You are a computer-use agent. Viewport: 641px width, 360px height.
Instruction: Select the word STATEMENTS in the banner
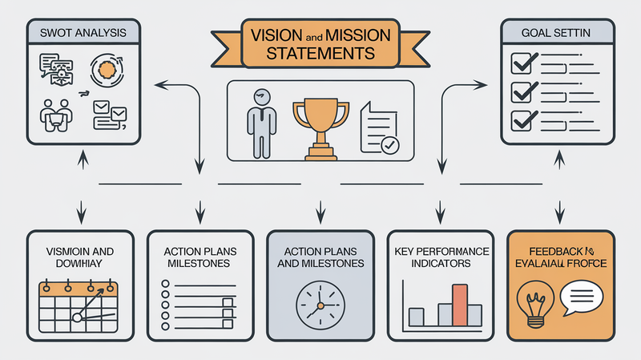coord(320,55)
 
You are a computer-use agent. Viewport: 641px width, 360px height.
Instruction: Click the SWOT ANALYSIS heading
coord(74,34)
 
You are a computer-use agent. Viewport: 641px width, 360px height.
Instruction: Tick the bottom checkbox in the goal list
coord(522,120)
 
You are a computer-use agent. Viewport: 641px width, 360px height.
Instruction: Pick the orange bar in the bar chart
coord(458,305)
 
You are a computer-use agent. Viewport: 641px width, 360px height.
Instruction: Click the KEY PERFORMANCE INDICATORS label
coord(441,257)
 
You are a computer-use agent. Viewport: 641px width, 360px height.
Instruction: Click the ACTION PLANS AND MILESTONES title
coord(320,257)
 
